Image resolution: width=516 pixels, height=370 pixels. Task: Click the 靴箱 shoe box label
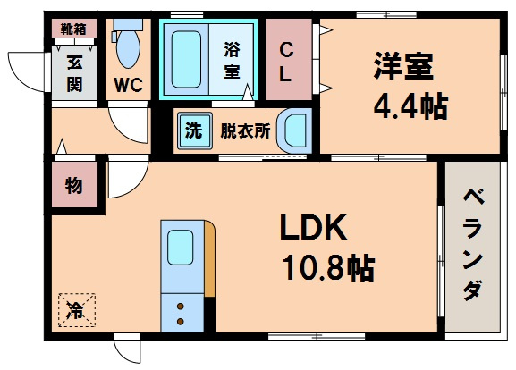click(x=73, y=29)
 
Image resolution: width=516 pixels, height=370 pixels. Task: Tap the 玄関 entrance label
click(x=75, y=72)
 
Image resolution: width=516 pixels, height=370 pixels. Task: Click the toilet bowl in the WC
click(x=128, y=49)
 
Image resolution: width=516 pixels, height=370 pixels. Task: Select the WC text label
click(x=129, y=85)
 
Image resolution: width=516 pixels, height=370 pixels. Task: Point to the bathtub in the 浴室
click(x=186, y=60)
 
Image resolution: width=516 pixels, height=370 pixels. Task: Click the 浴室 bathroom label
click(x=232, y=61)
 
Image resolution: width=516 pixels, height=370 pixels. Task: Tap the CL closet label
click(x=285, y=63)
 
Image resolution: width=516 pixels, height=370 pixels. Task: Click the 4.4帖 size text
click(x=410, y=106)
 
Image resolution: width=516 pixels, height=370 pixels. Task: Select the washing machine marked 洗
click(x=194, y=130)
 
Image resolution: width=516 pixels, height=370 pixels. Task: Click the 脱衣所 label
click(x=245, y=130)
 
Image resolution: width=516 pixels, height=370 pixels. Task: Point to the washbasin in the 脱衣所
click(x=294, y=130)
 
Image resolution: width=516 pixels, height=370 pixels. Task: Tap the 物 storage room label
click(x=73, y=186)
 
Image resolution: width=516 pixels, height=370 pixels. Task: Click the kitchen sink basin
click(x=180, y=247)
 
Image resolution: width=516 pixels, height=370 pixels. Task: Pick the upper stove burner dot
click(x=181, y=307)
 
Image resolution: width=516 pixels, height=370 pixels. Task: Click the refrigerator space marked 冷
click(x=77, y=310)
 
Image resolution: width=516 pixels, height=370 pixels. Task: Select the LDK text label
click(x=313, y=227)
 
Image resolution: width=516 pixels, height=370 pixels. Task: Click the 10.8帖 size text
click(x=328, y=268)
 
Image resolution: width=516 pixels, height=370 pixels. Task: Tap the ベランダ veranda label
click(x=473, y=245)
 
